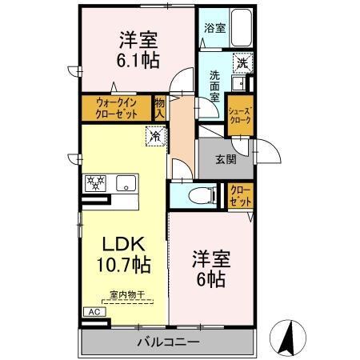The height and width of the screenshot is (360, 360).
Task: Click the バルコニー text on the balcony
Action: tap(167, 342)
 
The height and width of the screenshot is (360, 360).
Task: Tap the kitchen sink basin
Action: tap(126, 183)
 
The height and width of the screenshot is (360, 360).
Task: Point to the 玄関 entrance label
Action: tap(225, 158)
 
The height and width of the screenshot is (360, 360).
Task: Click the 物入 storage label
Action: tap(159, 107)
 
